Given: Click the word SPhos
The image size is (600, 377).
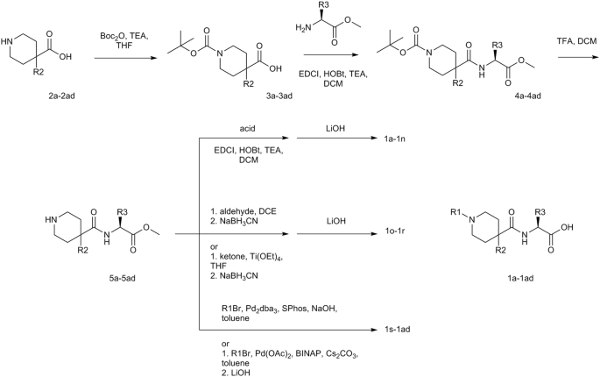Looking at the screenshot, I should point(281,308).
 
